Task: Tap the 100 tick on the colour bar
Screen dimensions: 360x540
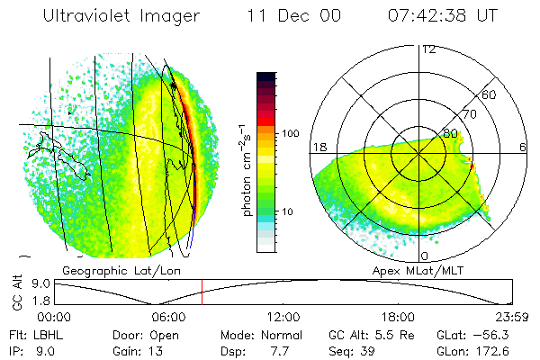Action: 290,133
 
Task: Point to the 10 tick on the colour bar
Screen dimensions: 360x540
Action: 290,212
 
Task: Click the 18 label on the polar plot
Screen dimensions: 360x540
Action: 319,147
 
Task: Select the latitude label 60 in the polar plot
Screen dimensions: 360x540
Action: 490,94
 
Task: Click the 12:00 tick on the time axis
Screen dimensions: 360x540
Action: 283,317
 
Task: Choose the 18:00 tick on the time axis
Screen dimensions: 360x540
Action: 398,317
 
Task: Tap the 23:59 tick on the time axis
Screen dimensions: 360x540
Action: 511,317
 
